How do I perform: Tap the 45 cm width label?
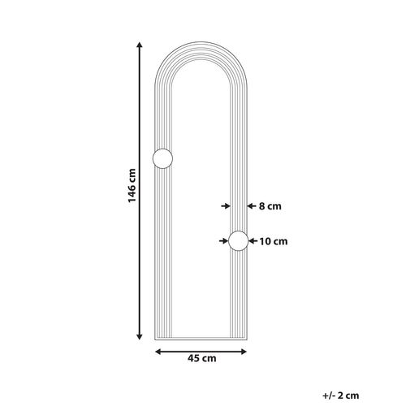pyautogui.click(x=202, y=358)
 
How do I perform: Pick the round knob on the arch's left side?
pyautogui.click(x=162, y=160)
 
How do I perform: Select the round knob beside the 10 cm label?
pyautogui.click(x=239, y=240)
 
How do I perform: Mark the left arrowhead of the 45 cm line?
pyautogui.click(x=158, y=352)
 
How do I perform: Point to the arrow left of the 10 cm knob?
pyautogui.click(x=223, y=240)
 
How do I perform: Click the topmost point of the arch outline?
pyautogui.click(x=201, y=38)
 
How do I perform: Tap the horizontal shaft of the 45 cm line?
pyautogui.click(x=201, y=352)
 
